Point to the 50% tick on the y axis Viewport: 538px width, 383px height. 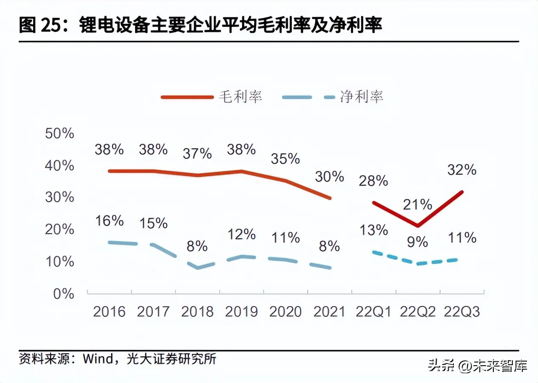pos(59,133)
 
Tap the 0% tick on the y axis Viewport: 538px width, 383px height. pos(64,293)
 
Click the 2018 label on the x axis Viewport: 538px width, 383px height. pos(197,312)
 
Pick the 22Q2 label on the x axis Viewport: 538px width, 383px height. pos(418,312)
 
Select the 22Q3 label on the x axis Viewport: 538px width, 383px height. pos(462,312)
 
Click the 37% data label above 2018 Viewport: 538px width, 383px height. pos(197,153)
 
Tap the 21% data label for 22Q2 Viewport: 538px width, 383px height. pos(418,205)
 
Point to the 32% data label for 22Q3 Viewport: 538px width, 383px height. pos(462,170)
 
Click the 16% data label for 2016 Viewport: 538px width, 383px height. pos(109,221)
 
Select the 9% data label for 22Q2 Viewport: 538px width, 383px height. pos(417,242)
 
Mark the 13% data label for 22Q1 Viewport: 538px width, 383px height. pos(374,230)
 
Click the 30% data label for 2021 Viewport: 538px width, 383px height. pos(329,176)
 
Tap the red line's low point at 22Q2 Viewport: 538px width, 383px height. pos(418,225)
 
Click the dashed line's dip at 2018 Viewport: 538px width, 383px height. pos(198,268)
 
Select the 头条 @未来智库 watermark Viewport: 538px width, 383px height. pos(477,366)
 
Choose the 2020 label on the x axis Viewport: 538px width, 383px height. pos(286,312)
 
